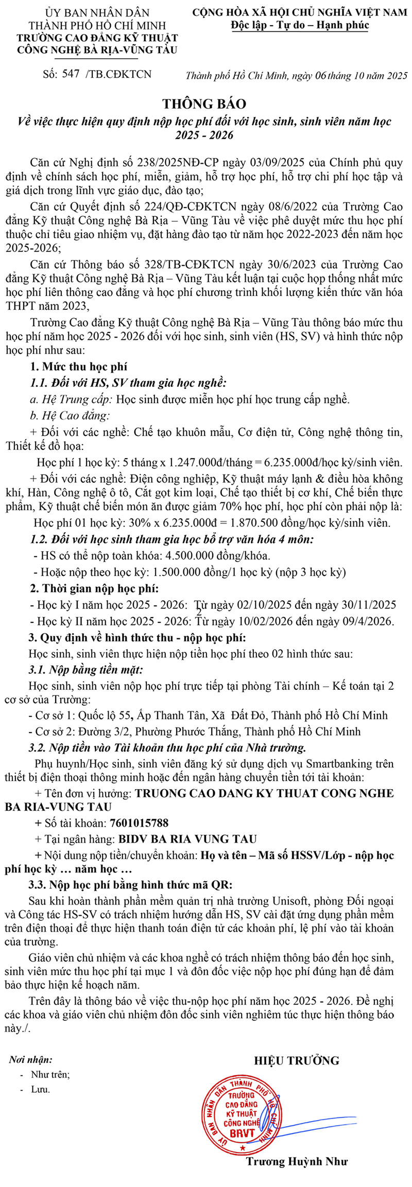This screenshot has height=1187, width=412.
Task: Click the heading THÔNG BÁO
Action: click(x=204, y=104)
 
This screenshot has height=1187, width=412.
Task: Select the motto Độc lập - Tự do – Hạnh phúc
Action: click(x=300, y=25)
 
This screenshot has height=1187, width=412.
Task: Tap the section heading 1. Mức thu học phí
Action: click(x=78, y=366)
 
